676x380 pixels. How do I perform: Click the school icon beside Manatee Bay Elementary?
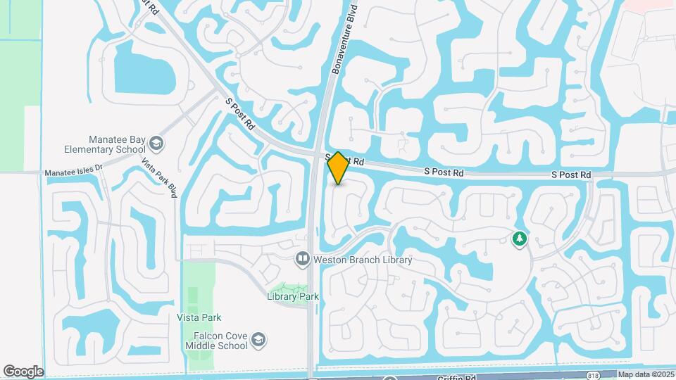[x=156, y=145]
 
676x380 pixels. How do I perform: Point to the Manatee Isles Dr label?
[x=73, y=172]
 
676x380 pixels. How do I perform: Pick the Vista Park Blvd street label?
[x=158, y=178]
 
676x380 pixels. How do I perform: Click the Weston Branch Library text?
[x=363, y=260]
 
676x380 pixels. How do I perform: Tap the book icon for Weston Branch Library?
[x=303, y=260]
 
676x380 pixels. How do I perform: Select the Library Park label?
[x=293, y=296]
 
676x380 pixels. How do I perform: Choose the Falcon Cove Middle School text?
[x=216, y=341]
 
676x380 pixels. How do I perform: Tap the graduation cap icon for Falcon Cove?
[x=259, y=341]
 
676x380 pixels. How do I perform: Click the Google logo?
[x=23, y=372]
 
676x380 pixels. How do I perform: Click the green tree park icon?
[x=520, y=239]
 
